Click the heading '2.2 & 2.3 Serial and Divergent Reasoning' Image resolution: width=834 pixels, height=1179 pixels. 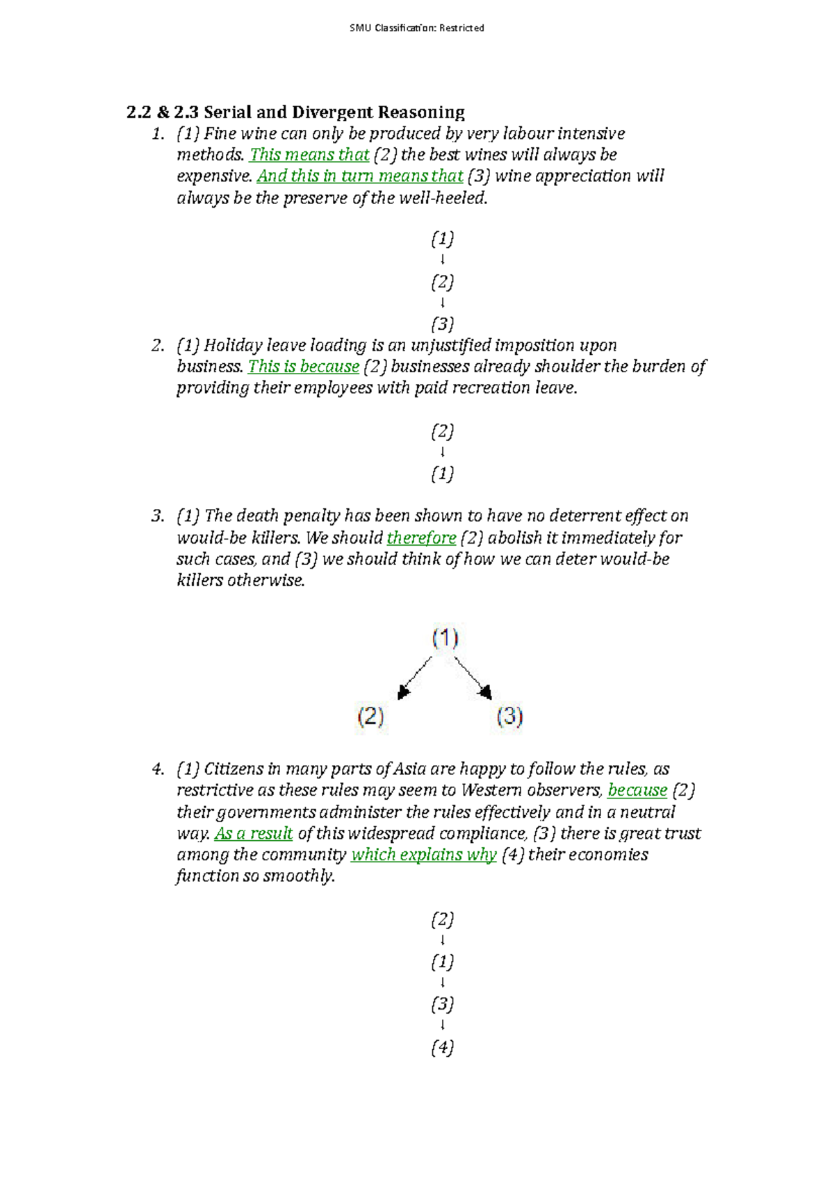coord(295,112)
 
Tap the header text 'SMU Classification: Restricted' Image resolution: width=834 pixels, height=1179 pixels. coord(417,28)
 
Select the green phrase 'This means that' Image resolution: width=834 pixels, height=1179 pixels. coord(309,155)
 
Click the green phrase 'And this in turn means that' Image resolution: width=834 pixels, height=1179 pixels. coord(360,176)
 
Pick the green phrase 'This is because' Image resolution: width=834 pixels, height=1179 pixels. coord(304,367)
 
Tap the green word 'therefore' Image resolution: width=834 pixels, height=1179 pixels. coord(421,538)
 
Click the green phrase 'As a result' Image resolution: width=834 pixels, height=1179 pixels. coord(254,833)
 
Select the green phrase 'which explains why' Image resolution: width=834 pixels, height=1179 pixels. coord(424,855)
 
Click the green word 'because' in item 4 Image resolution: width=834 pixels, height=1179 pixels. coord(637,790)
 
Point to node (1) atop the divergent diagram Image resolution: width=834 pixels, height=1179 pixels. coord(445,637)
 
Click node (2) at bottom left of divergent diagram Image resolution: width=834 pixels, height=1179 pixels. coord(370,716)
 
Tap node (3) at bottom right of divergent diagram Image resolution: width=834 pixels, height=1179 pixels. coord(509,716)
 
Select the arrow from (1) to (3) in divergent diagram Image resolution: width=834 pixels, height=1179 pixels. coord(473,677)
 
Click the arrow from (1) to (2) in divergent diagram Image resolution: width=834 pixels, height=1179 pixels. coord(414,677)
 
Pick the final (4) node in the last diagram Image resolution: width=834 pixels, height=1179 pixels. coord(443,1046)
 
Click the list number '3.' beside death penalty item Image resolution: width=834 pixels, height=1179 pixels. coord(158,516)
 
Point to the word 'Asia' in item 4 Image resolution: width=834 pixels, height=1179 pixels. coord(410,769)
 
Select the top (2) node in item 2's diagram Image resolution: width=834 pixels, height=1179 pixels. coord(443,431)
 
